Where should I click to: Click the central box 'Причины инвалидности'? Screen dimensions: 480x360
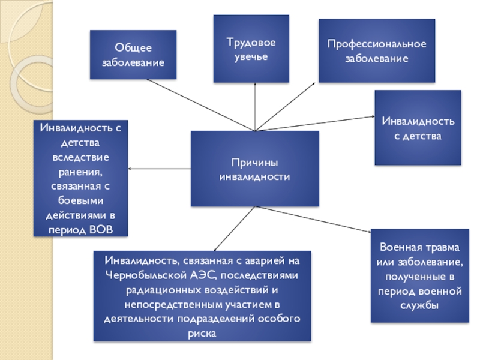point(255,169)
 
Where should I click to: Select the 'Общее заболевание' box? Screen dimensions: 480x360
point(133,55)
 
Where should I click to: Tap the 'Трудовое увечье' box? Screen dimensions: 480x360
point(251,49)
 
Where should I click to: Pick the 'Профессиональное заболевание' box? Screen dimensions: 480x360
point(376,51)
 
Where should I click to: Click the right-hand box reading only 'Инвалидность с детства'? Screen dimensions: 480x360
point(418,128)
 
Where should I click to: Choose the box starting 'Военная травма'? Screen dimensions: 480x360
point(420,277)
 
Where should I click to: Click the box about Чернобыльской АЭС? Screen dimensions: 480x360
point(202,296)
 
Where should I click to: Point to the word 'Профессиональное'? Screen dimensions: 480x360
point(376,44)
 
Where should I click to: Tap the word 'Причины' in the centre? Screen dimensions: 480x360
point(254,163)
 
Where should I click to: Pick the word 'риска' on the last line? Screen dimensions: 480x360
point(202,332)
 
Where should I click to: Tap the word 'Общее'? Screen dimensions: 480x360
point(133,48)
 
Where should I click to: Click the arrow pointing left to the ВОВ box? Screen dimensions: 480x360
point(160,169)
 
